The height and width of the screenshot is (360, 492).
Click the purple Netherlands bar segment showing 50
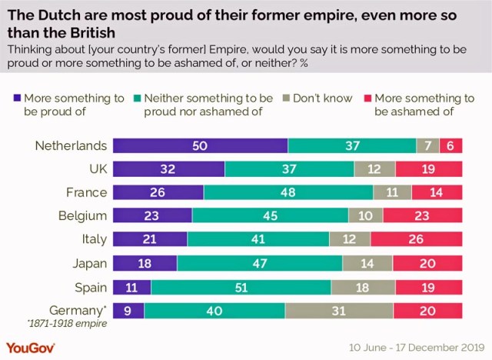pyautogui.click(x=200, y=146)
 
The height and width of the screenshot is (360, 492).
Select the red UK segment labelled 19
pyautogui.click(x=429, y=169)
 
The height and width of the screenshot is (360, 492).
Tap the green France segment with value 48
pyautogui.click(x=288, y=192)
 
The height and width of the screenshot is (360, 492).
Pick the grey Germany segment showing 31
pyautogui.click(x=339, y=311)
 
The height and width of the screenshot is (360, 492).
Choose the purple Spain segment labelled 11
pyautogui.click(x=131, y=287)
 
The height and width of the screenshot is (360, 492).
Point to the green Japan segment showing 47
pyautogui.click(x=260, y=263)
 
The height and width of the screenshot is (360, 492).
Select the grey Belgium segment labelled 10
pyautogui.click(x=365, y=216)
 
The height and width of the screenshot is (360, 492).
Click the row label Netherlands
pyautogui.click(x=71, y=145)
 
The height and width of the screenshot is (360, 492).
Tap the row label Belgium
pyautogui.click(x=83, y=216)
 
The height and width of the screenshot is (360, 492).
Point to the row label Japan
pyautogui.click(x=88, y=263)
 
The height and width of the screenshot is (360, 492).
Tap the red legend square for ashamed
pyautogui.click(x=367, y=98)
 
